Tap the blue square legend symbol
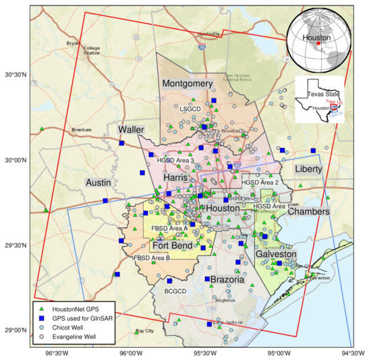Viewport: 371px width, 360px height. [41, 317]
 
